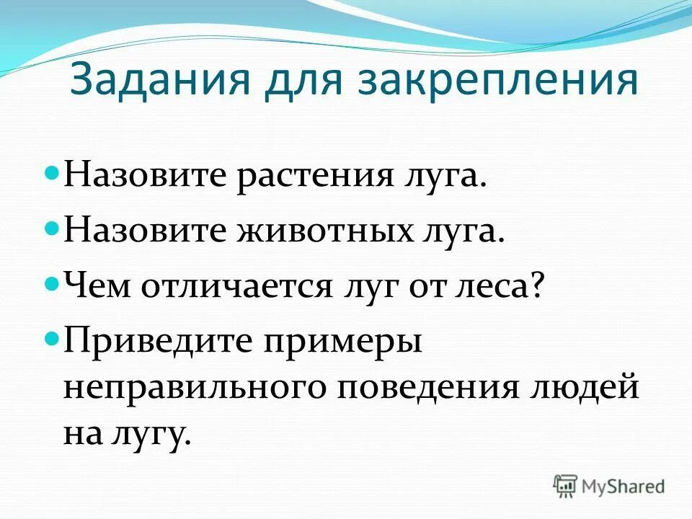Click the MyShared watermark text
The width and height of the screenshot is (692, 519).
click(624, 487)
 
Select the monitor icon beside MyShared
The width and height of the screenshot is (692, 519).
click(567, 486)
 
